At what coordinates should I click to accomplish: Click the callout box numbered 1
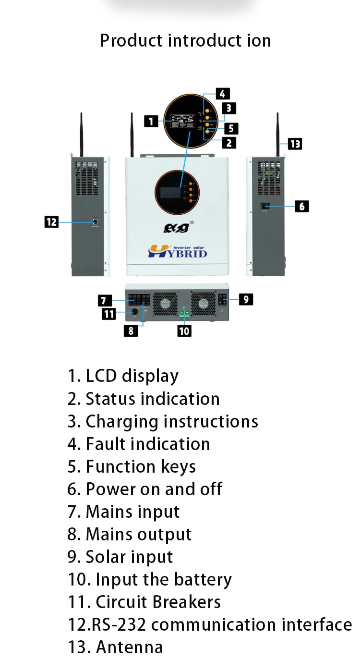tap(151, 121)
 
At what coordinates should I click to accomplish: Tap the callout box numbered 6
tap(301, 207)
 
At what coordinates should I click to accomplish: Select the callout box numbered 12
tap(51, 222)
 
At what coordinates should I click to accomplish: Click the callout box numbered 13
tap(295, 143)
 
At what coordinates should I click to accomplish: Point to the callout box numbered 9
tap(245, 299)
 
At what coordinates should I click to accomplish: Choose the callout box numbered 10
tap(184, 330)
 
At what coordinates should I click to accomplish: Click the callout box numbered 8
tap(131, 330)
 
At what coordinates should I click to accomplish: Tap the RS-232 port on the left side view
tap(95, 221)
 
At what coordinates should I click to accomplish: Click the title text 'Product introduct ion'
tap(185, 40)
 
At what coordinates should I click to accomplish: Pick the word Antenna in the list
tap(130, 647)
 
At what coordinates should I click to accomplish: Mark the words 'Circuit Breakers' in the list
tap(158, 602)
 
